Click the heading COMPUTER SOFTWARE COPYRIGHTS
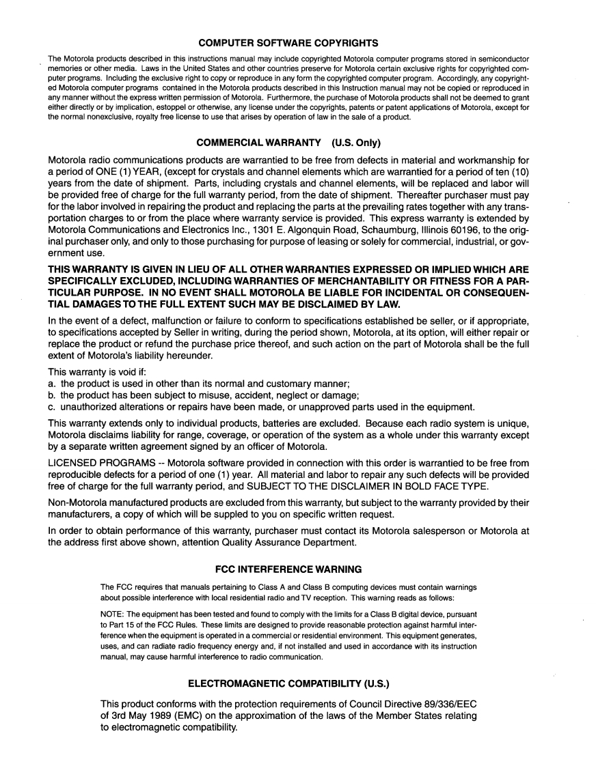pyautogui.click(x=297, y=43)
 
